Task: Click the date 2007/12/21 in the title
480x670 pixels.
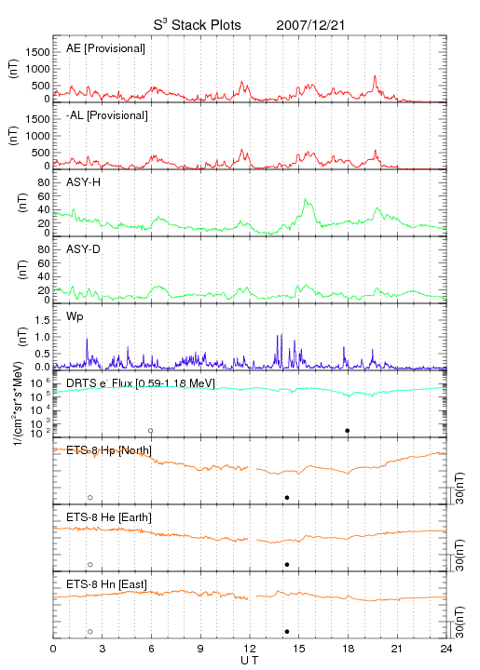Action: (310, 25)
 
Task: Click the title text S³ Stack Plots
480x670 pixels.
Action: (198, 25)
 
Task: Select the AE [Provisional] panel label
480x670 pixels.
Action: (105, 48)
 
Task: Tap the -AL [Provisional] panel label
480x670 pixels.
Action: (107, 115)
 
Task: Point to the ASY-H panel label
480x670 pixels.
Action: (84, 182)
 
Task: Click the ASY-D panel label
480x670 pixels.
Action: (84, 249)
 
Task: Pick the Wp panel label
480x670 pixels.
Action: (75, 316)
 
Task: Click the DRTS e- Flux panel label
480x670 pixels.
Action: (141, 383)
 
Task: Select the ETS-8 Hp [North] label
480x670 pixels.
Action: (109, 450)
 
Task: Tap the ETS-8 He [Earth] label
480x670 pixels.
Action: (109, 517)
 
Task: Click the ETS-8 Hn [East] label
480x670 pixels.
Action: (106, 584)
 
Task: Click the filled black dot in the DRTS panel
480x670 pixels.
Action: (348, 431)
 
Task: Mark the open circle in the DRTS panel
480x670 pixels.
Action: (151, 431)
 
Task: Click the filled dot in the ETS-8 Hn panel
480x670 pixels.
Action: (287, 632)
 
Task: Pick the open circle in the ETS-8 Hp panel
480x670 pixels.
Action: (90, 498)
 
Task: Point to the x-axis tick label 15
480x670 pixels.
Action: (299, 649)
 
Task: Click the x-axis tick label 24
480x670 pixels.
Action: (446, 649)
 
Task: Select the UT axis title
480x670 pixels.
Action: (250, 661)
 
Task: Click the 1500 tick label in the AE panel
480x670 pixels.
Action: (37, 52)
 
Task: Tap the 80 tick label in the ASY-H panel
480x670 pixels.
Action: (44, 183)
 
